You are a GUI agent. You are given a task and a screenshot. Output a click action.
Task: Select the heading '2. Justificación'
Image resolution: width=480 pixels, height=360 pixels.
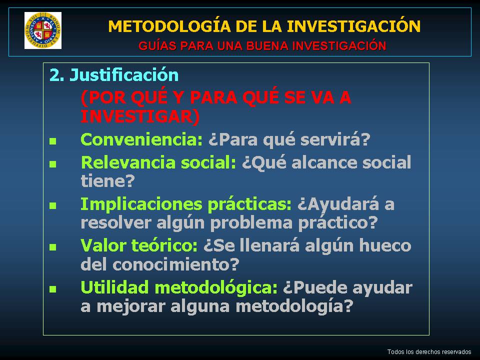(x=114, y=75)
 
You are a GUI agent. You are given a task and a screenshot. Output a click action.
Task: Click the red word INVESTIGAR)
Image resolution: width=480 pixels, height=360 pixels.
(x=140, y=116)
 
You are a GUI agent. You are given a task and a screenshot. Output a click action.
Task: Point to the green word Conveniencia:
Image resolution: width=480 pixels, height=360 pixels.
(x=141, y=139)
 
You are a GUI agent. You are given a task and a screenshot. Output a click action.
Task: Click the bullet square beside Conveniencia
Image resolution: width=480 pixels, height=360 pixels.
(x=52, y=141)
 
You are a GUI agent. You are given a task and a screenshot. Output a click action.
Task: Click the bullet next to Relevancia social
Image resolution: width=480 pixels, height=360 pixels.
(x=52, y=164)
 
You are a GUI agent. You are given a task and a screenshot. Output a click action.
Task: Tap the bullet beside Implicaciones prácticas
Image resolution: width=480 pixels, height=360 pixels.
(x=52, y=205)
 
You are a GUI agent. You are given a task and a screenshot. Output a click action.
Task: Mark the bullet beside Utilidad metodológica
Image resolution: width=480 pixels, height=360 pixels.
(x=52, y=289)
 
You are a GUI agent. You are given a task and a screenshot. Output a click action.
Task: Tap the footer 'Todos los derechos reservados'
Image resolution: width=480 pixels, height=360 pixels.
(x=429, y=351)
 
